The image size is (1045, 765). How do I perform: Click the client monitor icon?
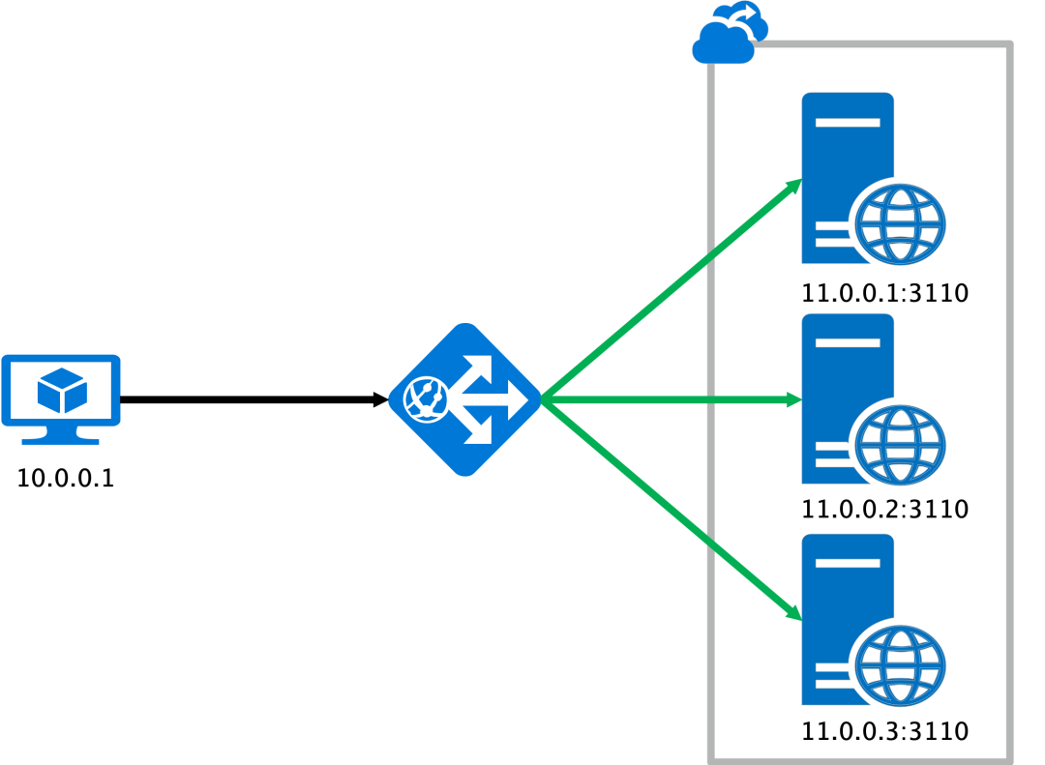[61, 391]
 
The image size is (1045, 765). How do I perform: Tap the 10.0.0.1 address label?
[66, 478]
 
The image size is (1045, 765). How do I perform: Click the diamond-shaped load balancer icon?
[464, 399]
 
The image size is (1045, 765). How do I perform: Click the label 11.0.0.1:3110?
[884, 293]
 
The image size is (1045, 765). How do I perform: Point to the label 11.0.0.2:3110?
[884, 509]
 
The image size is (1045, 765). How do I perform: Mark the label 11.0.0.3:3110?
[884, 730]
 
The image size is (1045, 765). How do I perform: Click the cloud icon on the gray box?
[729, 35]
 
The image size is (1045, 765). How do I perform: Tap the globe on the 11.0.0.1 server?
[900, 223]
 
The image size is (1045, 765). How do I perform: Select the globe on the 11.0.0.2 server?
[900, 444]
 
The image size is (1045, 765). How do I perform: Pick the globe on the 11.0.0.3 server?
[900, 665]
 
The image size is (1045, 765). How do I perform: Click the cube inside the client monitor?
[62, 391]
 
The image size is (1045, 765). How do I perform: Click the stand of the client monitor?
[61, 435]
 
